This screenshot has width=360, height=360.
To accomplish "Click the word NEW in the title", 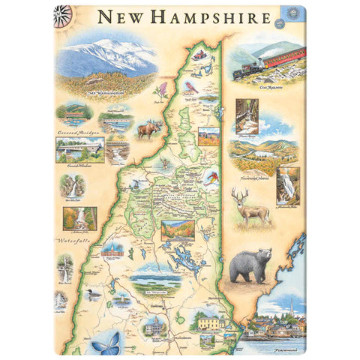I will pos(121,16).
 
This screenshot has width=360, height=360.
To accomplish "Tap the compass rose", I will pos(64,13).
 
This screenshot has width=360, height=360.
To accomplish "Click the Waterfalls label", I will pos(73,241).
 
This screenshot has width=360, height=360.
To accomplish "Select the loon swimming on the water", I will pos(94,295).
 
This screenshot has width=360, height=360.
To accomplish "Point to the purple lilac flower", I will pos(160,91).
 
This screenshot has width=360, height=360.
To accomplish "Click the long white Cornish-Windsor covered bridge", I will pos(79,149).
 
